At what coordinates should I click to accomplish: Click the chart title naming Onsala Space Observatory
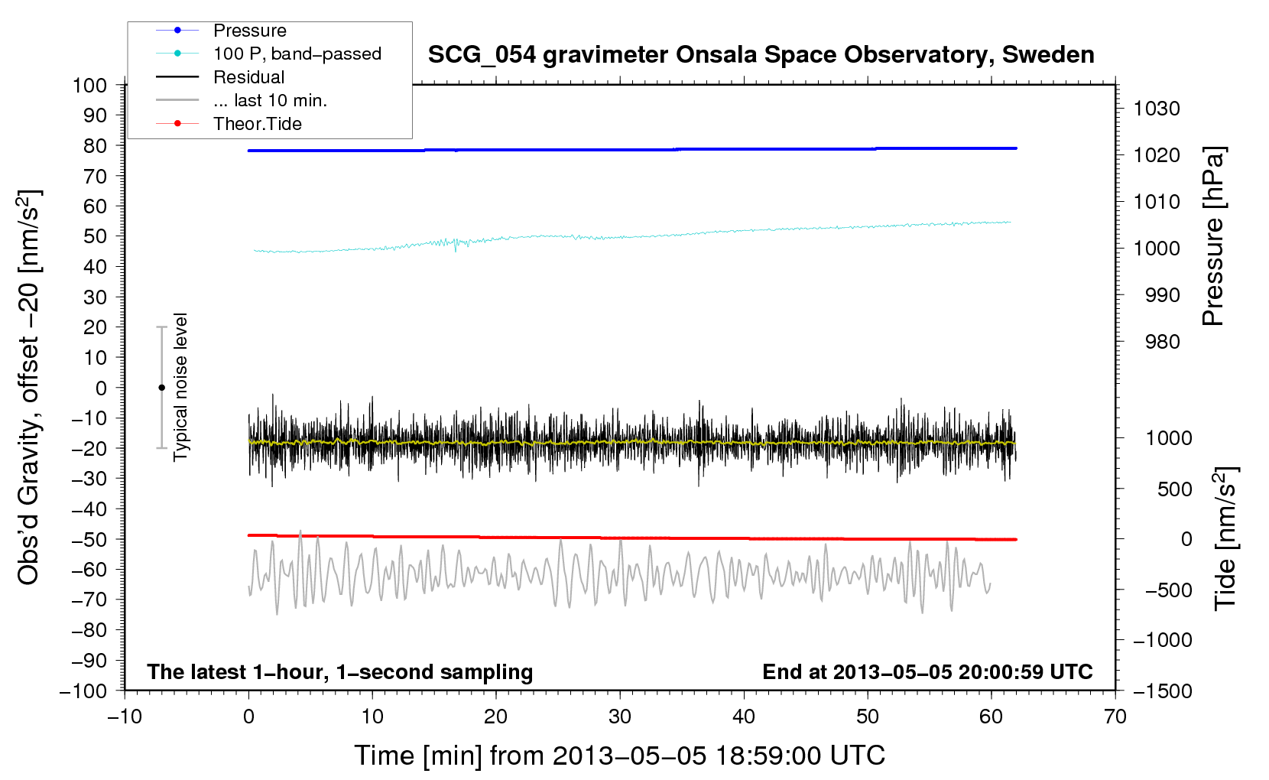point(761,55)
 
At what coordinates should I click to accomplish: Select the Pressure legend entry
point(221,30)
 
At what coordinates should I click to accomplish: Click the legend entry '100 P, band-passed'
point(268,54)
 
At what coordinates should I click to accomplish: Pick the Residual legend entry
point(220,77)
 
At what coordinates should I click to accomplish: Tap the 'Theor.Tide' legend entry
point(229,124)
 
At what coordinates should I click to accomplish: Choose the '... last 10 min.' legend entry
point(242,100)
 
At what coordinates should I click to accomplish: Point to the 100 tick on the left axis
point(89,86)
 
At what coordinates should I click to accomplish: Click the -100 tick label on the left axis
point(83,691)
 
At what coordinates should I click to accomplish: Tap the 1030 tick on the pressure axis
point(1157,109)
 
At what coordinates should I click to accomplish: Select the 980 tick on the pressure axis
point(1163,342)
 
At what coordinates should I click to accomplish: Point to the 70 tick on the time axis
point(1115,717)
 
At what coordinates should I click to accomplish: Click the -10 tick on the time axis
point(125,717)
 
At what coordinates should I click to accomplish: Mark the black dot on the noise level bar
point(161,388)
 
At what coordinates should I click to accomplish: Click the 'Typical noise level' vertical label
point(180,387)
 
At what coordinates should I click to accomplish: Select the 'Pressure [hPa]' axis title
point(1213,236)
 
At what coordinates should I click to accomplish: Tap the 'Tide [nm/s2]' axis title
point(1225,538)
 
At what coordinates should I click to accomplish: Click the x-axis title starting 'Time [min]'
point(620,756)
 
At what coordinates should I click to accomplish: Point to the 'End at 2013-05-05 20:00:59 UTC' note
point(927,671)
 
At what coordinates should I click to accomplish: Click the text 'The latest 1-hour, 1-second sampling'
point(340,672)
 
